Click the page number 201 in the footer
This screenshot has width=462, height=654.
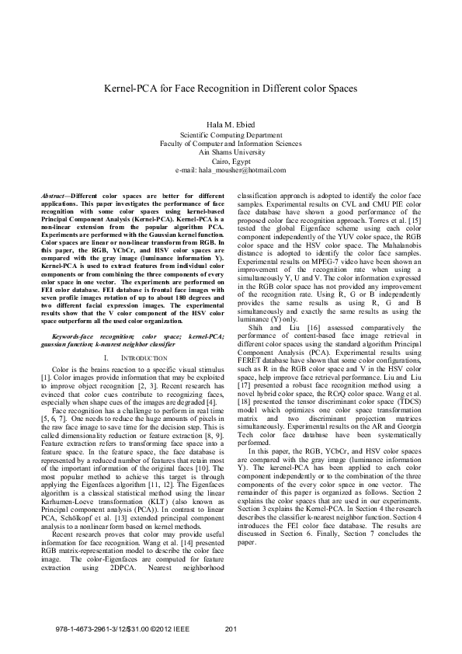pos(231,628)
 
